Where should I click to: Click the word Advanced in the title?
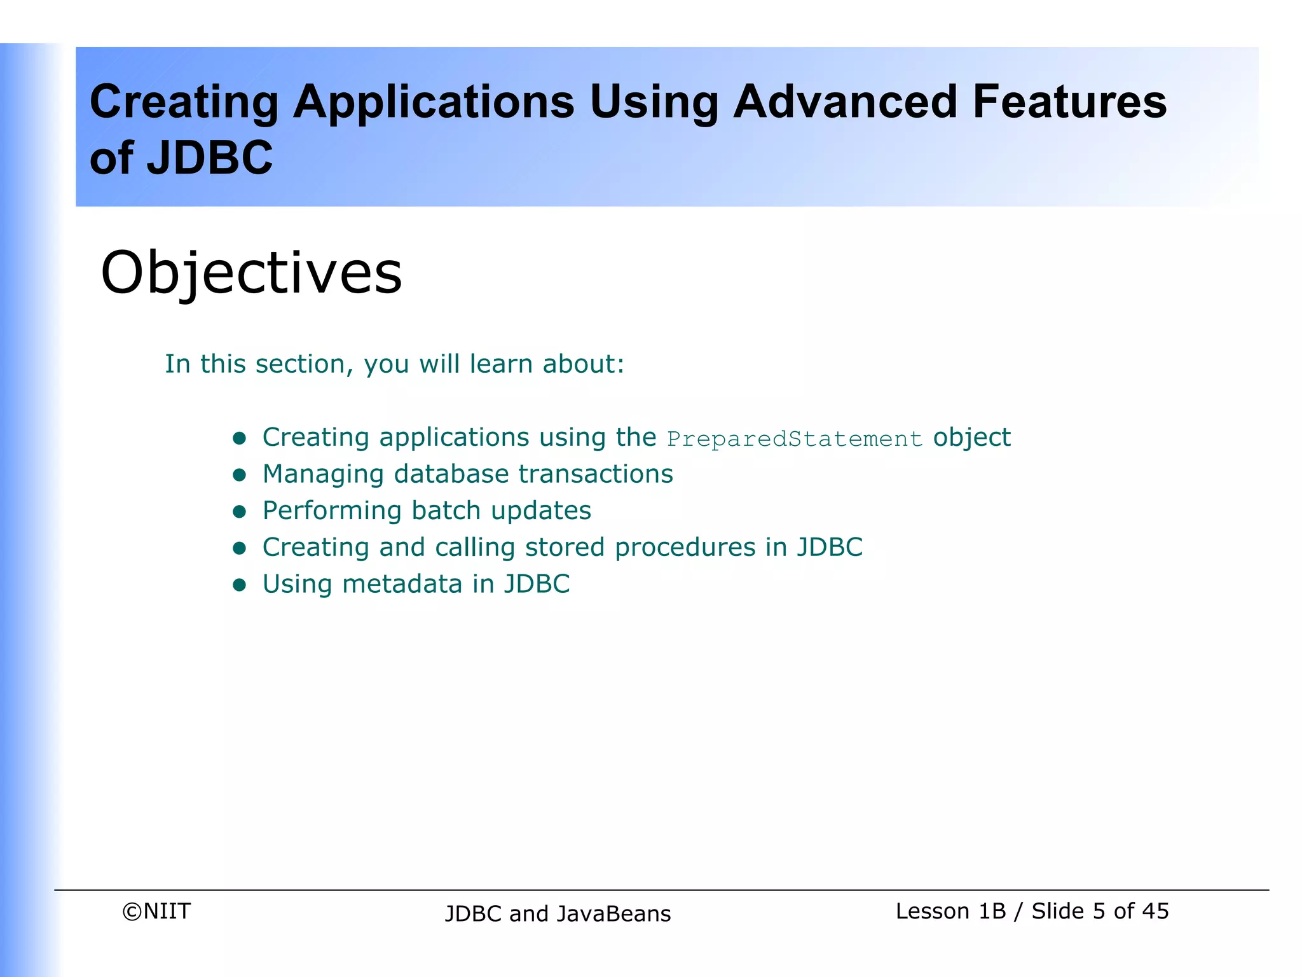tap(845, 102)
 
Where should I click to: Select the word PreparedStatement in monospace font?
tap(794, 439)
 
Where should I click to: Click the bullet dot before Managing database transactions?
tap(240, 475)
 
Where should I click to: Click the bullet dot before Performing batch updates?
tap(240, 511)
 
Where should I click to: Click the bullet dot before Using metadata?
tap(240, 585)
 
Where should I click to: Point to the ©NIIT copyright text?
tap(156, 911)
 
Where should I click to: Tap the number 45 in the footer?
tap(1155, 911)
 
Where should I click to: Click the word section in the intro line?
tap(301, 364)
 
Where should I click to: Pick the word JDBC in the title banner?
tap(210, 158)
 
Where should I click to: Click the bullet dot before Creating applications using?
tap(240, 438)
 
